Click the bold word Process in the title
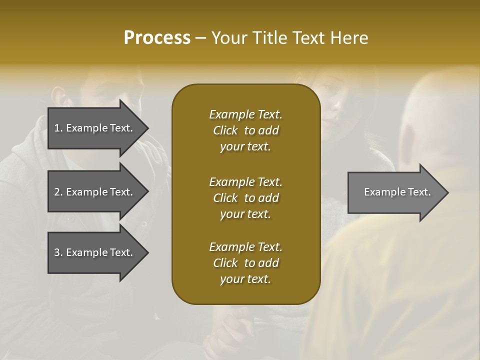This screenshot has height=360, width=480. point(157,38)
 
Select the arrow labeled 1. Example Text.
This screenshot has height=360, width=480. point(93,128)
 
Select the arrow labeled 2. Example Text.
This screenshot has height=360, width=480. point(93,192)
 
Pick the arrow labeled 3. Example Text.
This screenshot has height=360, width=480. point(93,252)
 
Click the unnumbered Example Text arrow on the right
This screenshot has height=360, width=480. point(397,192)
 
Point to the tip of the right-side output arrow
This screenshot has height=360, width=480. point(447,192)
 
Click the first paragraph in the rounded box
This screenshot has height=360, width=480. point(245,130)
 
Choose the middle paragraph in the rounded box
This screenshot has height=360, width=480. point(245,198)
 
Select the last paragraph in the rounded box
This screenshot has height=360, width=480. point(245,263)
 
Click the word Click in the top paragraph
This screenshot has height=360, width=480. point(225,130)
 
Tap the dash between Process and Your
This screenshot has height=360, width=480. point(200,38)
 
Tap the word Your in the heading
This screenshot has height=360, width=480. point(228,38)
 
